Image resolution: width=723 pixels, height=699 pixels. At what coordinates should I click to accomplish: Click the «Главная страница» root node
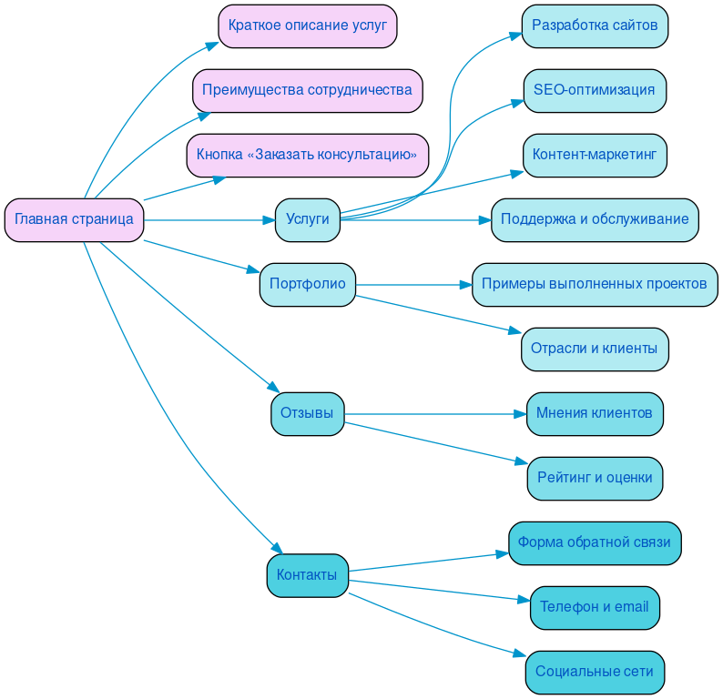coord(74,219)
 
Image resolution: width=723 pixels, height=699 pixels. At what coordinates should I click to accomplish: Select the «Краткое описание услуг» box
coord(307,25)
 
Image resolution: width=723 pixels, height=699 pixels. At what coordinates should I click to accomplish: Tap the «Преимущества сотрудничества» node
coord(307,90)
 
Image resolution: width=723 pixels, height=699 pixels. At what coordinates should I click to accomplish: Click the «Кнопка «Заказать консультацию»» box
coord(307,155)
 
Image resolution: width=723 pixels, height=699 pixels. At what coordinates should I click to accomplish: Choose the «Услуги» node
coord(307,219)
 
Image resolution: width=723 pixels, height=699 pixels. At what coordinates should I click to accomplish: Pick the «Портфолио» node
coord(307,284)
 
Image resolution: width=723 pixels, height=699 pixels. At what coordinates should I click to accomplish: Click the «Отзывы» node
coord(307,413)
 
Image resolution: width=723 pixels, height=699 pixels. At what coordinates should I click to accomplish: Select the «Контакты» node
coord(307,575)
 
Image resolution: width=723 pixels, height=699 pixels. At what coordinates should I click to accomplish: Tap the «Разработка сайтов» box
coord(595,25)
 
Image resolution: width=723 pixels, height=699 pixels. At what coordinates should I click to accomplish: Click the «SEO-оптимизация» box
coord(595,90)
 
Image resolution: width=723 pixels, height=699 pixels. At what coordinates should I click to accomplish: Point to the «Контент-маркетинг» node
coord(595,155)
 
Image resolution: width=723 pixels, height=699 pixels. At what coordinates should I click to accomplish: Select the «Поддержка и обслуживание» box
coord(595,219)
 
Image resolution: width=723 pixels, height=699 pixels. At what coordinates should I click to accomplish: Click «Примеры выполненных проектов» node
coord(595,284)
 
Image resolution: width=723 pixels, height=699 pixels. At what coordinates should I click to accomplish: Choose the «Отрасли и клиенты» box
coord(595,349)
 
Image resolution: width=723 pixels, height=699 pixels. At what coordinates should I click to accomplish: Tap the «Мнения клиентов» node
coord(595,413)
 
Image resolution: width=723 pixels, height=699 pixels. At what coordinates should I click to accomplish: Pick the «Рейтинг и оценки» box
coord(595,478)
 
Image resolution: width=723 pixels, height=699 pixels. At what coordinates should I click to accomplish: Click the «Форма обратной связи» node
coord(595,542)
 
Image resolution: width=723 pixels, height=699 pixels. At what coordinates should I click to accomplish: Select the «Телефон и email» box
coord(595,607)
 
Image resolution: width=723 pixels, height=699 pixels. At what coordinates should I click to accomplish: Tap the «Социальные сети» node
coord(595,672)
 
